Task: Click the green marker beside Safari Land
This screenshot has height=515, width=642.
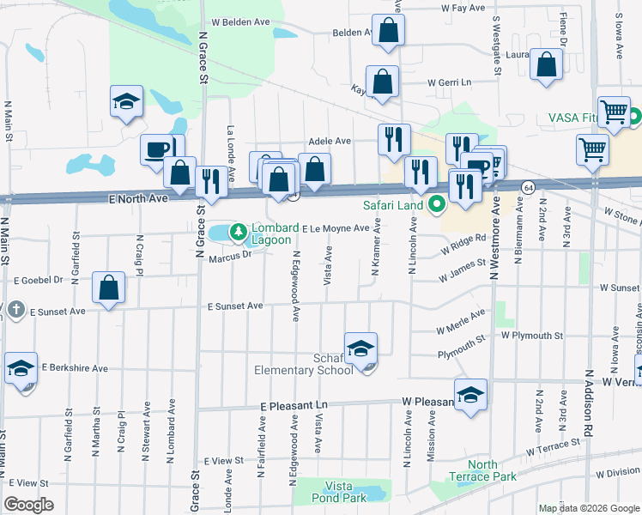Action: click(x=437, y=204)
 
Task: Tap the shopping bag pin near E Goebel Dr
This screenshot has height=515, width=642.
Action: click(x=109, y=288)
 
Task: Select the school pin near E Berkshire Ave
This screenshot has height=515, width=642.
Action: click(x=21, y=368)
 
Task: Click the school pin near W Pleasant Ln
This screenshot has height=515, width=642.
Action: click(x=470, y=395)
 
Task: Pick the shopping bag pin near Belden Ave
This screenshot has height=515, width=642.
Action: click(x=389, y=31)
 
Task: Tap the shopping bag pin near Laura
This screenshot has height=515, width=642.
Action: click(x=546, y=65)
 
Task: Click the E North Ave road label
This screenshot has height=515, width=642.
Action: click(x=136, y=197)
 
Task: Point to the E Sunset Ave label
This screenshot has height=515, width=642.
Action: click(x=234, y=306)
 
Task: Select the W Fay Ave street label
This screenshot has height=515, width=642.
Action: click(x=463, y=8)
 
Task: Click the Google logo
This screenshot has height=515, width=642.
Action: click(x=28, y=505)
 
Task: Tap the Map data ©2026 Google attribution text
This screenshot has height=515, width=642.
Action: click(x=589, y=508)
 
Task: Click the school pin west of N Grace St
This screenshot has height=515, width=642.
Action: click(x=126, y=101)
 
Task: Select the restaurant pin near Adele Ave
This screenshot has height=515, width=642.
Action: click(x=394, y=139)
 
